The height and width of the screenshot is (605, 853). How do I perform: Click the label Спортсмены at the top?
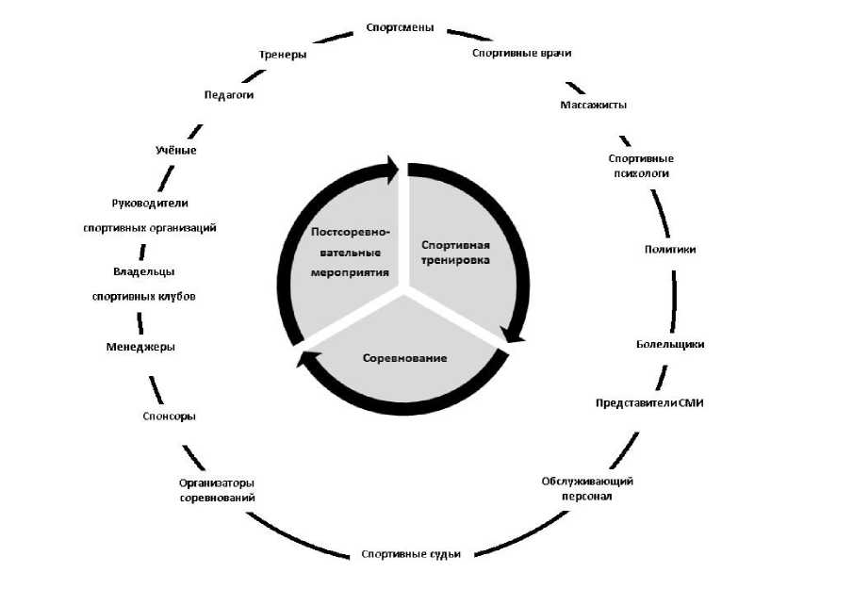pos(400,27)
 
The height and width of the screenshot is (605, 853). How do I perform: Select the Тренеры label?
pos(283,55)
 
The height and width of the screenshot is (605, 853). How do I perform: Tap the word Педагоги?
pos(229,94)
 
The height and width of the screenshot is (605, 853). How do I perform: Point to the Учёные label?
pos(175,150)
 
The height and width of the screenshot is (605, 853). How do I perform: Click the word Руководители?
pos(150,204)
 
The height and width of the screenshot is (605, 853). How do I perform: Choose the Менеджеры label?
pos(140,347)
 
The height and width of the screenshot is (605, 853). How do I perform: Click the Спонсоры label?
pos(169,417)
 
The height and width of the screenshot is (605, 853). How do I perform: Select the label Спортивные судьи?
pos(411,554)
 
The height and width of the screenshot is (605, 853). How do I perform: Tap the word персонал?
pos(587,497)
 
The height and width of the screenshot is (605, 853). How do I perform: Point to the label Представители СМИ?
pos(649,403)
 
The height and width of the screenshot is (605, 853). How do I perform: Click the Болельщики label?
pos(670,344)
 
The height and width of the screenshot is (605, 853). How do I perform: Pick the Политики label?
pos(670,249)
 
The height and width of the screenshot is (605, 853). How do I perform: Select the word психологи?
pos(641,173)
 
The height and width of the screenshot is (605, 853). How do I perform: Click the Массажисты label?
pos(594,105)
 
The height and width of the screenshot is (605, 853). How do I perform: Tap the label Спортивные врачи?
pos(522,53)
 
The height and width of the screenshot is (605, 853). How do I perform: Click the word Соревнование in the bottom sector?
pos(404,358)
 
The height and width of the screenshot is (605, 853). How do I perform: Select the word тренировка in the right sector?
pos(455,260)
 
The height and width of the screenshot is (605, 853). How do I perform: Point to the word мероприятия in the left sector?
pos(350,272)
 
